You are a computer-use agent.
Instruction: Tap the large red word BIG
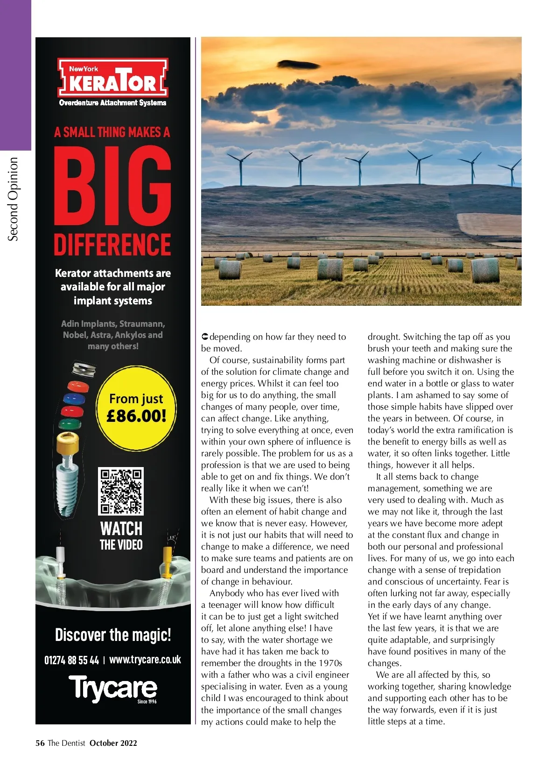[x=112, y=186]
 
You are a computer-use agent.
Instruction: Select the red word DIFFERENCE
[x=112, y=244]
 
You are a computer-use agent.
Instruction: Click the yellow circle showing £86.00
[x=136, y=408]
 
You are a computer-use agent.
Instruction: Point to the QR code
[x=121, y=491]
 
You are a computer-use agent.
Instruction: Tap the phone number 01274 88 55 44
[x=71, y=660]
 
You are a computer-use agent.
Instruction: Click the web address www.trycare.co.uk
[x=145, y=660]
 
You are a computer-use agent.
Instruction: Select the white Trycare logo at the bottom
[x=112, y=688]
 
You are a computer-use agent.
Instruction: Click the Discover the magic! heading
[x=113, y=635]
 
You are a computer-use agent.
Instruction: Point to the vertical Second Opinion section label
[x=14, y=199]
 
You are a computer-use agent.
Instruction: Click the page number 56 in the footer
[x=40, y=743]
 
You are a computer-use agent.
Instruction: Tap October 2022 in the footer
[x=113, y=743]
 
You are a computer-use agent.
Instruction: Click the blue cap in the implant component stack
[x=74, y=399]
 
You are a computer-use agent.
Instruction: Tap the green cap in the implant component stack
[x=70, y=424]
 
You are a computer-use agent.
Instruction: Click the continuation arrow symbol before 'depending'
[x=204, y=337]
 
